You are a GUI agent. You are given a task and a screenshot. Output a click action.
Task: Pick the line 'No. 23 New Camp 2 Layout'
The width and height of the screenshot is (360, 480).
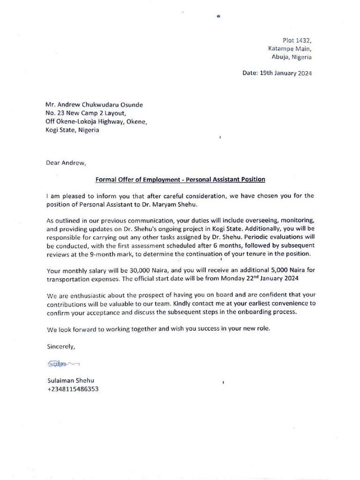tap(86, 113)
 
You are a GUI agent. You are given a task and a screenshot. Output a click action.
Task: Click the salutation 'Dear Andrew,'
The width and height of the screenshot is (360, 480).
tap(66, 163)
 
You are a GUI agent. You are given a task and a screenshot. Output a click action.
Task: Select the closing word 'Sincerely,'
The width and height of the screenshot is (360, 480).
tap(60, 346)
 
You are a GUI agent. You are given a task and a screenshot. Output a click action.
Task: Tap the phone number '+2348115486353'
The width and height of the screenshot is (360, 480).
tap(72, 389)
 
